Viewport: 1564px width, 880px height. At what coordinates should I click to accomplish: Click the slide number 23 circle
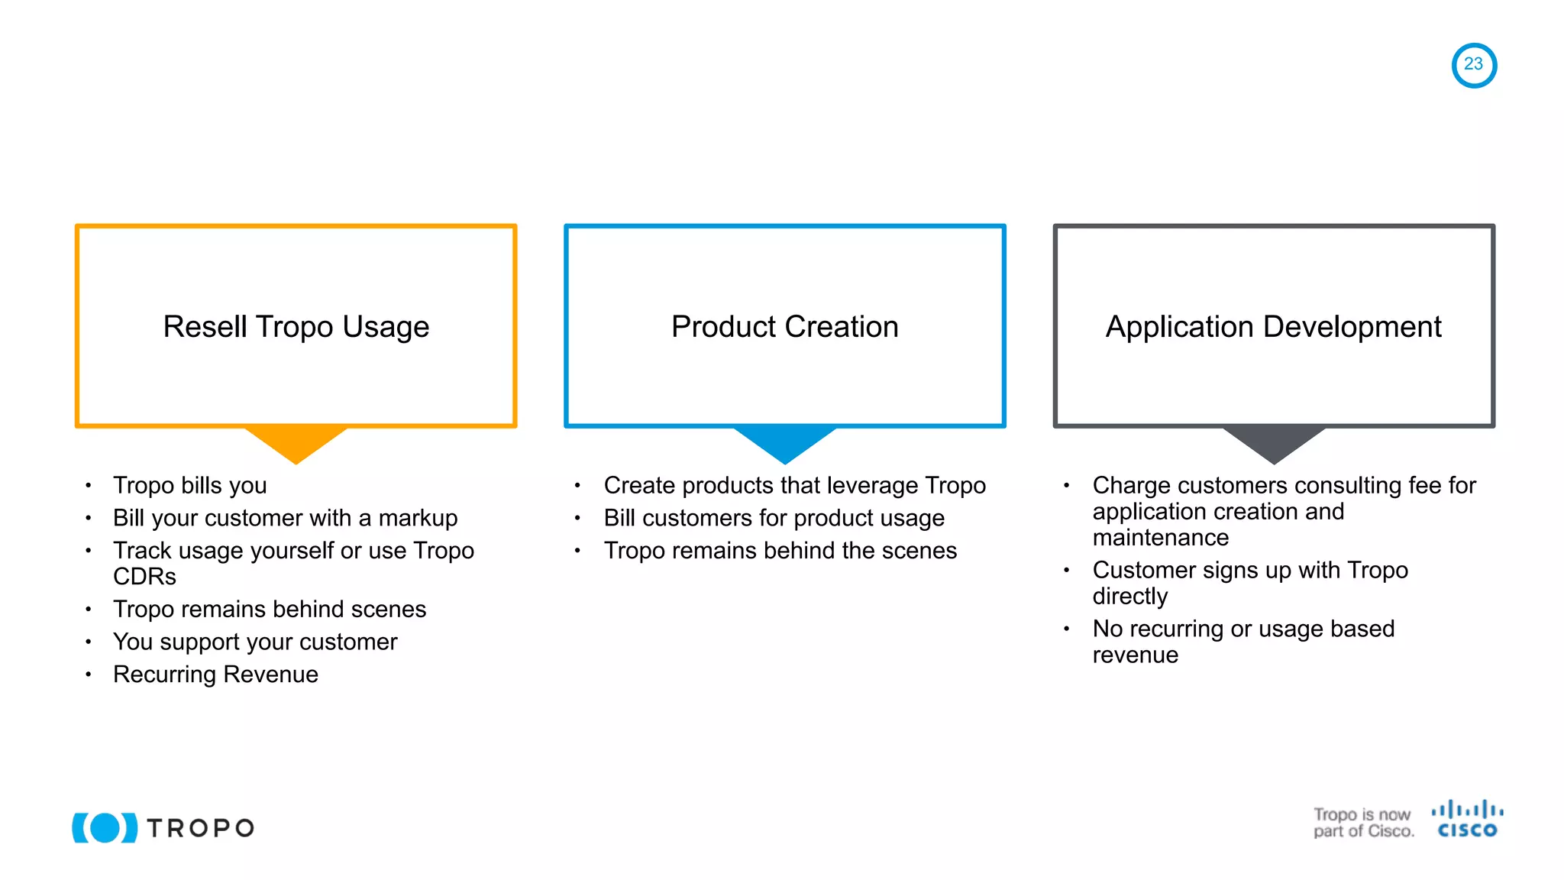[x=1473, y=65]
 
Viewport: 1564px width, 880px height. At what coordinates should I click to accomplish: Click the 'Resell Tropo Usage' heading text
[x=296, y=327]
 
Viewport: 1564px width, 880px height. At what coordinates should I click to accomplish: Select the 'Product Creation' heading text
[x=784, y=327]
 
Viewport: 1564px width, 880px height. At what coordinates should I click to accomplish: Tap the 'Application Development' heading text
[x=1273, y=327]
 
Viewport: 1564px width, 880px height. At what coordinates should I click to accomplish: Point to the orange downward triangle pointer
[x=296, y=443]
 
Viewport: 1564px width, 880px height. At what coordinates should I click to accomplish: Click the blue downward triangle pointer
[x=784, y=443]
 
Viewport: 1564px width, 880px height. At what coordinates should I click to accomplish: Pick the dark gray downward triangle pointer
[x=1273, y=443]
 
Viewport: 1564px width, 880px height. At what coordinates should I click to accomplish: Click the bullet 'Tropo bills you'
[x=189, y=485]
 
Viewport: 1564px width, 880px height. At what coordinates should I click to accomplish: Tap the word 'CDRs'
[x=144, y=577]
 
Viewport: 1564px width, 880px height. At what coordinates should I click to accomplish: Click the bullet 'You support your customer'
[x=255, y=642]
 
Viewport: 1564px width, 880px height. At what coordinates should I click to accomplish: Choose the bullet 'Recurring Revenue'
[x=215, y=675]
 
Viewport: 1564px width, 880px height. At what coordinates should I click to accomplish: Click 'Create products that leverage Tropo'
[x=794, y=485]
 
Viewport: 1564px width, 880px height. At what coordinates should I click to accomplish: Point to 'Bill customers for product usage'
[x=774, y=518]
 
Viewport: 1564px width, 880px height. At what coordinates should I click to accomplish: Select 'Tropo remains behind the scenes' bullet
[x=780, y=551]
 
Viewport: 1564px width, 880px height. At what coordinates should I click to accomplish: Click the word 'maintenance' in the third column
[x=1160, y=538]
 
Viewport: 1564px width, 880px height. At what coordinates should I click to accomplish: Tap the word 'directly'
[x=1129, y=597]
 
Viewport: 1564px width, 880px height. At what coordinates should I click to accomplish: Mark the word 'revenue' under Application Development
[x=1135, y=655]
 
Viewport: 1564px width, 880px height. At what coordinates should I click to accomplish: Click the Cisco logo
[x=1467, y=820]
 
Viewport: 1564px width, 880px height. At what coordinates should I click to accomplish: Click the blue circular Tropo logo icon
[x=105, y=827]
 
